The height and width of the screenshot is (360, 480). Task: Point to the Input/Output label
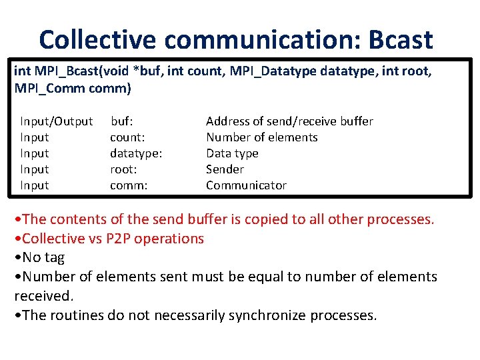[56, 121]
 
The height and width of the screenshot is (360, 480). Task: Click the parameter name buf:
[121, 121]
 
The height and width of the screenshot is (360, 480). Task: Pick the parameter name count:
[129, 137]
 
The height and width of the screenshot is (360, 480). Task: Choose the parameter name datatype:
[136, 153]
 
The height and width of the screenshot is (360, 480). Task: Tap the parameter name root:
[124, 169]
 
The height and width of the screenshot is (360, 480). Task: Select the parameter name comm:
[128, 185]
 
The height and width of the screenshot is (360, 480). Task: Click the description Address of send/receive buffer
[289, 121]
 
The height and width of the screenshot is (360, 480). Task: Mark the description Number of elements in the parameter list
[261, 137]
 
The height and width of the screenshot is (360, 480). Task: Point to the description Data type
[232, 153]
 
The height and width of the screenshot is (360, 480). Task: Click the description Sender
[225, 169]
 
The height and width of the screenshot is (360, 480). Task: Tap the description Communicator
[246, 185]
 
